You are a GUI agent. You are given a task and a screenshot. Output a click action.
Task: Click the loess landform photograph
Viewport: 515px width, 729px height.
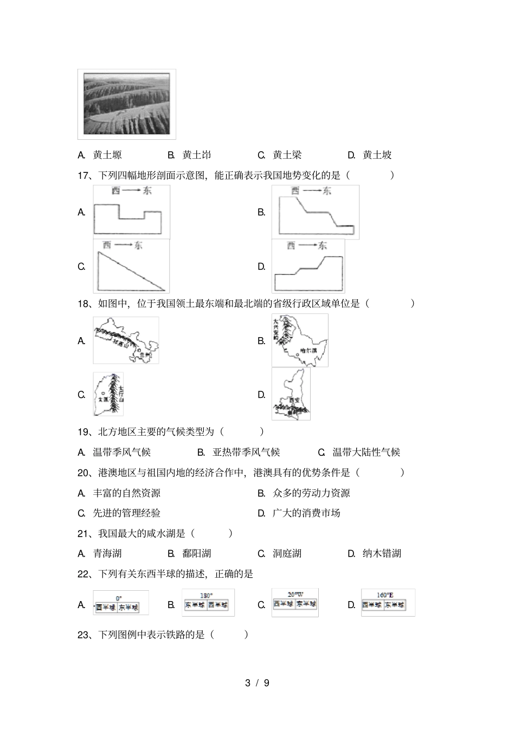[127, 104]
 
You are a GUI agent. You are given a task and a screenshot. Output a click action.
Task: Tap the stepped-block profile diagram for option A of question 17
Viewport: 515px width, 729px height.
[132, 212]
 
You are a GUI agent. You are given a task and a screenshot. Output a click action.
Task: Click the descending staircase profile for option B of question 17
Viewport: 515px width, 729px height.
[316, 212]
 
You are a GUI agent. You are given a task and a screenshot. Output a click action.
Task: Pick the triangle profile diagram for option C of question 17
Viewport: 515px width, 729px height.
[131, 266]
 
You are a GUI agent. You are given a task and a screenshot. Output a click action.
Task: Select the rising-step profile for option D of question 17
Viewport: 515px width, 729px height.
[308, 266]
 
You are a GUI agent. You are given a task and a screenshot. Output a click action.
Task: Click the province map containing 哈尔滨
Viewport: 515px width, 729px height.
[300, 340]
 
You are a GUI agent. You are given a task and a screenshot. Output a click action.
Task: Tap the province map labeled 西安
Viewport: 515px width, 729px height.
[291, 394]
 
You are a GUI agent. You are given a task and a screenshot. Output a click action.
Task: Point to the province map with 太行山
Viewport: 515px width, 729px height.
[108, 394]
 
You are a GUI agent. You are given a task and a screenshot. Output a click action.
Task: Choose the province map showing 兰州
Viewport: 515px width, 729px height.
[126, 340]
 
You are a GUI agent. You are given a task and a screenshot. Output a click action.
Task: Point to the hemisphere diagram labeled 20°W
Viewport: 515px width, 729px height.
[295, 603]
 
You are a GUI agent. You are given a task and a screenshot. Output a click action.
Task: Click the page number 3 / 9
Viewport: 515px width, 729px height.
[257, 683]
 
